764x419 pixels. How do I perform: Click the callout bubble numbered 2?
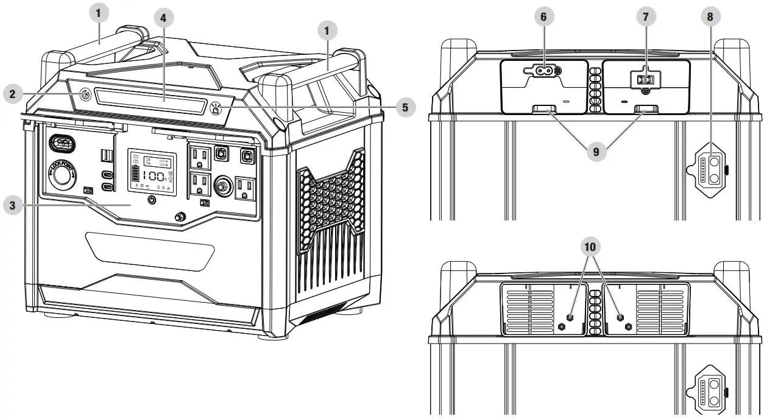(x=13, y=93)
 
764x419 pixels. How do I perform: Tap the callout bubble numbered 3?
(x=13, y=205)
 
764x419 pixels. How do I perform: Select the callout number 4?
(x=163, y=18)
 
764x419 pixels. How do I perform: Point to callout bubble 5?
(x=403, y=108)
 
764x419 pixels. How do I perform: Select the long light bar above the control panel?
(x=150, y=98)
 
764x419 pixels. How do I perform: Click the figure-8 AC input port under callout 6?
(x=543, y=70)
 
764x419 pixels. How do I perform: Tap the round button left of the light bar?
(x=85, y=94)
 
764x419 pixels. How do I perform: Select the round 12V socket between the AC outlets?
(x=222, y=183)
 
